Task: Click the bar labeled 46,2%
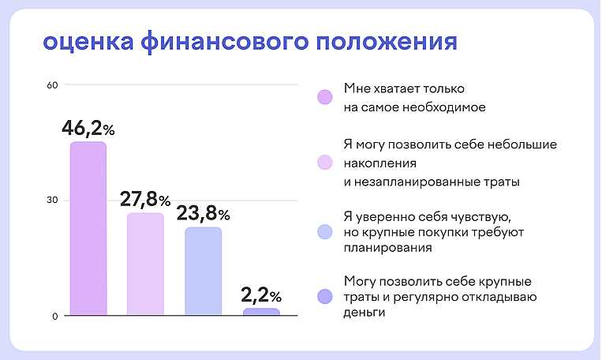coord(88,229)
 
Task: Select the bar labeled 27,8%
coord(145,264)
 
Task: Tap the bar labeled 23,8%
coord(203,272)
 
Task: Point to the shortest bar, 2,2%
coord(261,312)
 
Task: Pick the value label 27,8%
coord(146,199)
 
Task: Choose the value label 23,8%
coord(203,213)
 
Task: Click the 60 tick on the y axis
coord(53,84)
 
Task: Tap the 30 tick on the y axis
coord(53,201)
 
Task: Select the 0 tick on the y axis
coord(55,317)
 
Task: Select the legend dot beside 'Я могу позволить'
coord(324,163)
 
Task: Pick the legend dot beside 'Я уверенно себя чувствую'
coord(324,232)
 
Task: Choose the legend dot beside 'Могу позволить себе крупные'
coord(324,297)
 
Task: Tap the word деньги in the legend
coord(365,313)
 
